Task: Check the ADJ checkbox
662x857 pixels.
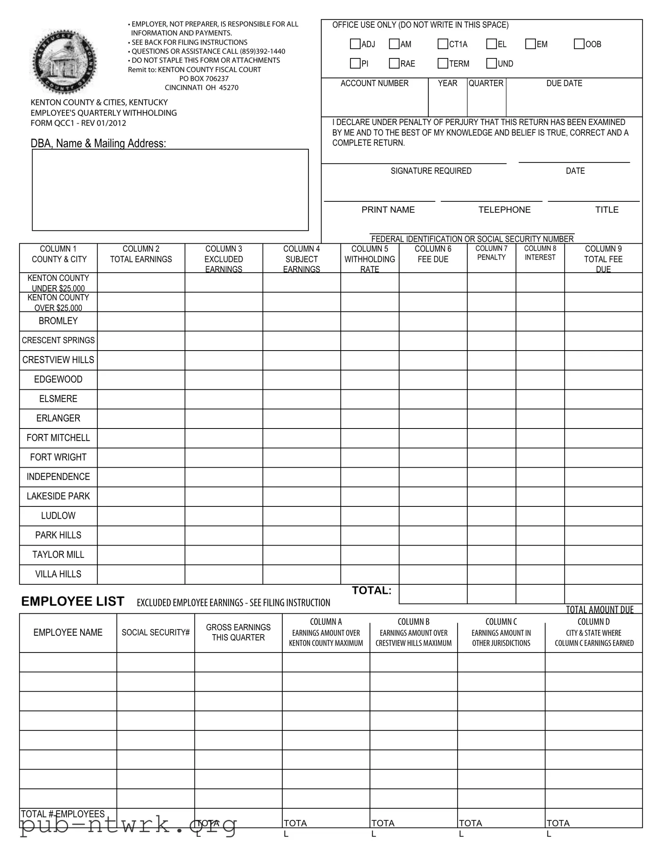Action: point(355,44)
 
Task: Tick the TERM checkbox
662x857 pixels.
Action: point(443,63)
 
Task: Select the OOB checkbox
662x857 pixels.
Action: point(579,44)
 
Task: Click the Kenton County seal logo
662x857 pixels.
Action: point(63,61)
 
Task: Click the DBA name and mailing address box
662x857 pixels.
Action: point(170,190)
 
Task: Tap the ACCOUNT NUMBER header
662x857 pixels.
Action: point(374,83)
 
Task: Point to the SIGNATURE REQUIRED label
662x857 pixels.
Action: point(431,171)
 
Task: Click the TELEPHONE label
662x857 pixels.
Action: point(504,210)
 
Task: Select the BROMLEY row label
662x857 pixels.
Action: point(58,321)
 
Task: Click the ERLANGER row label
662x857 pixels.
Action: point(58,418)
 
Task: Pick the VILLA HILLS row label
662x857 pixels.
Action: point(58,574)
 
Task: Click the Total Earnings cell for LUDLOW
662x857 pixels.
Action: point(141,516)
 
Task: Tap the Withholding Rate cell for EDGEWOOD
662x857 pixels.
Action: point(370,380)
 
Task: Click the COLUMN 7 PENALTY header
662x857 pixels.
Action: point(491,253)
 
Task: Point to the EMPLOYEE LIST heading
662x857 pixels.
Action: point(72,602)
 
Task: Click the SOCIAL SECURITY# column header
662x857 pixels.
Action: point(155,633)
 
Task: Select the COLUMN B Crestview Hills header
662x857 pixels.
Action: point(413,633)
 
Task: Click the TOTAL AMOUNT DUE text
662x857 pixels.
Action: point(599,609)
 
